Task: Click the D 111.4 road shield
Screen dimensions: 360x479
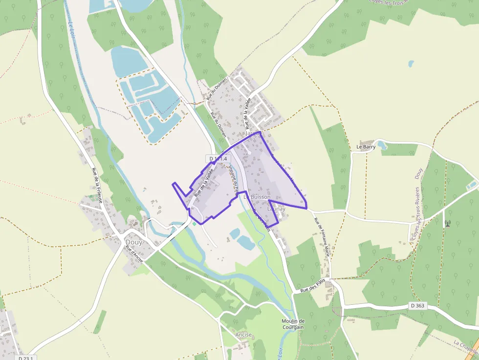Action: tap(218, 159)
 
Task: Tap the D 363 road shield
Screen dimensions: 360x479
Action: tap(417, 306)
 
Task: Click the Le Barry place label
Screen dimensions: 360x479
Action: tap(366, 147)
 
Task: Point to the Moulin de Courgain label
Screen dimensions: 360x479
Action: tap(293, 324)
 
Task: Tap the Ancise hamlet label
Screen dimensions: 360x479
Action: tap(243, 335)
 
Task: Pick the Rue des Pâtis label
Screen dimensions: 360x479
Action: tap(313, 287)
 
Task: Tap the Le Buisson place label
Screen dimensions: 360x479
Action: tap(257, 197)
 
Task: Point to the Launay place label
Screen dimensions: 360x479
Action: tap(276, 209)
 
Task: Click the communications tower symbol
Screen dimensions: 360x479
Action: tap(447, 224)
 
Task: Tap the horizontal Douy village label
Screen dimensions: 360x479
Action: tap(134, 242)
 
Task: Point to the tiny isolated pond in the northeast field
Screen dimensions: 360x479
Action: tap(411, 64)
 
